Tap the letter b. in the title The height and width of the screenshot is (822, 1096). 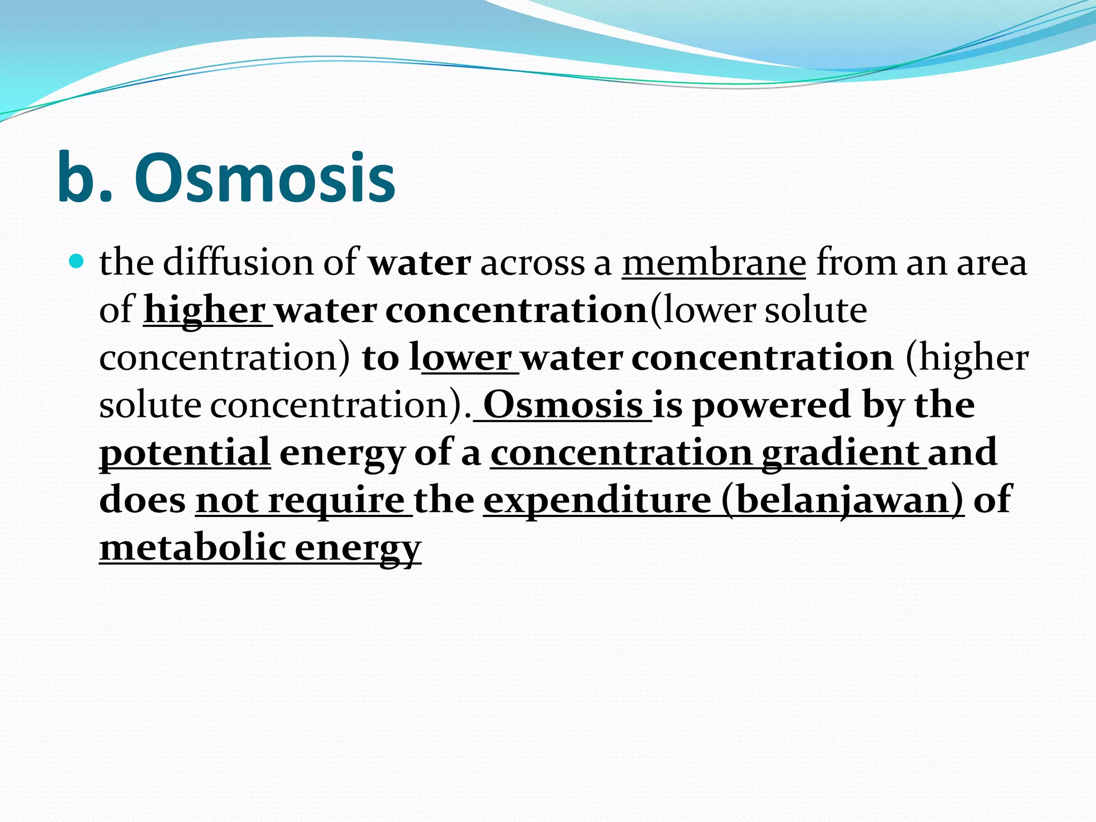pyautogui.click(x=86, y=178)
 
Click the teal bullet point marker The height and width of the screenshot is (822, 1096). pyautogui.click(x=77, y=261)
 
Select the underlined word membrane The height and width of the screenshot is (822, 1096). pyautogui.click(x=713, y=263)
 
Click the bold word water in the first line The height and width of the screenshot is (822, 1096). pyautogui.click(x=420, y=263)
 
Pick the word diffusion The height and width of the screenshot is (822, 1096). pyautogui.click(x=260, y=263)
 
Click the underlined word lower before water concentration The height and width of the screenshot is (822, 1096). pyautogui.click(x=466, y=357)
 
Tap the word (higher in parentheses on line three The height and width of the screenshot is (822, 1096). pyautogui.click(x=966, y=357)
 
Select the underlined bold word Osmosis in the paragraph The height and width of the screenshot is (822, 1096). pyautogui.click(x=563, y=405)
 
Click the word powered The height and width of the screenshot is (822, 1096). pyautogui.click(x=771, y=405)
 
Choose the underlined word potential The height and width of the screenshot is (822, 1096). pyautogui.click(x=185, y=452)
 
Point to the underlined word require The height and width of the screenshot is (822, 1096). pyautogui.click(x=336, y=500)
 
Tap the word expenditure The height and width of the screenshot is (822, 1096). pyautogui.click(x=597, y=500)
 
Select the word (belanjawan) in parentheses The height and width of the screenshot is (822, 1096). pyautogui.click(x=842, y=500)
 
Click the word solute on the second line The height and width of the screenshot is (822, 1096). pyautogui.click(x=816, y=310)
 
